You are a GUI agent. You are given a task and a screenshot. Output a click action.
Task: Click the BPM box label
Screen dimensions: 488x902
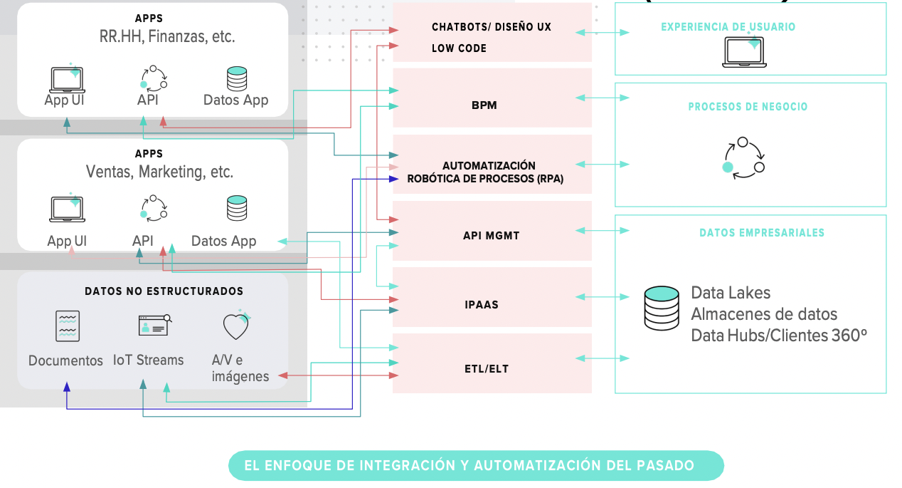click(x=484, y=105)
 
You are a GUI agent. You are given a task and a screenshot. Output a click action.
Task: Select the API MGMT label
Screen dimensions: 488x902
click(x=491, y=235)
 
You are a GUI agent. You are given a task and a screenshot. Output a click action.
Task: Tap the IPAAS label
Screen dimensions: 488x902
click(x=482, y=304)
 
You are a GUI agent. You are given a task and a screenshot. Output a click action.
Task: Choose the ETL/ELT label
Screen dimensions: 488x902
click(x=487, y=369)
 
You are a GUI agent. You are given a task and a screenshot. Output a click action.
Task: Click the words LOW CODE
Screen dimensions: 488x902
click(x=459, y=48)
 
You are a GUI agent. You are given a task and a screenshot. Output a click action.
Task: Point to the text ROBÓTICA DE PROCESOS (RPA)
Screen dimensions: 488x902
click(x=485, y=180)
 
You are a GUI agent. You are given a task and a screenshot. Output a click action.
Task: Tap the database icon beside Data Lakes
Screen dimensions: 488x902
click(x=662, y=308)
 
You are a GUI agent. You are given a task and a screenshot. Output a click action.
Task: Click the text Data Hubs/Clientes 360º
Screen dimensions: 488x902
click(x=778, y=335)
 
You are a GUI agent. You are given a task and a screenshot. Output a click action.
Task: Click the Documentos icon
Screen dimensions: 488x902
click(x=68, y=326)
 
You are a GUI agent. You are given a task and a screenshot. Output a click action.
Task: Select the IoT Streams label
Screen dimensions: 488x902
click(x=148, y=360)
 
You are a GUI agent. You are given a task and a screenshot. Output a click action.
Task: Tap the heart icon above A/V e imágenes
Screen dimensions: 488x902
click(x=236, y=326)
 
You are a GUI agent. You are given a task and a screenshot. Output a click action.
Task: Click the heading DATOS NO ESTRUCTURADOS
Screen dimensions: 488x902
click(x=164, y=291)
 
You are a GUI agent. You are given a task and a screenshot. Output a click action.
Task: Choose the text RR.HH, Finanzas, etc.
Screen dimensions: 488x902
click(x=167, y=36)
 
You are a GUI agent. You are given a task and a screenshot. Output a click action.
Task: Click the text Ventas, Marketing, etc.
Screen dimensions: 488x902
click(x=159, y=172)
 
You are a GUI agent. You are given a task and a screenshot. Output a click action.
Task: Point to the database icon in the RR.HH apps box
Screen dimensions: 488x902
click(x=236, y=78)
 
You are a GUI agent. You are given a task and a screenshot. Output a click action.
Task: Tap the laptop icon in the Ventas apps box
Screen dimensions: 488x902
click(x=68, y=208)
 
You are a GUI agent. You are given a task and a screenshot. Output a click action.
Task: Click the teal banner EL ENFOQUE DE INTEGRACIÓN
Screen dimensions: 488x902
click(x=476, y=466)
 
